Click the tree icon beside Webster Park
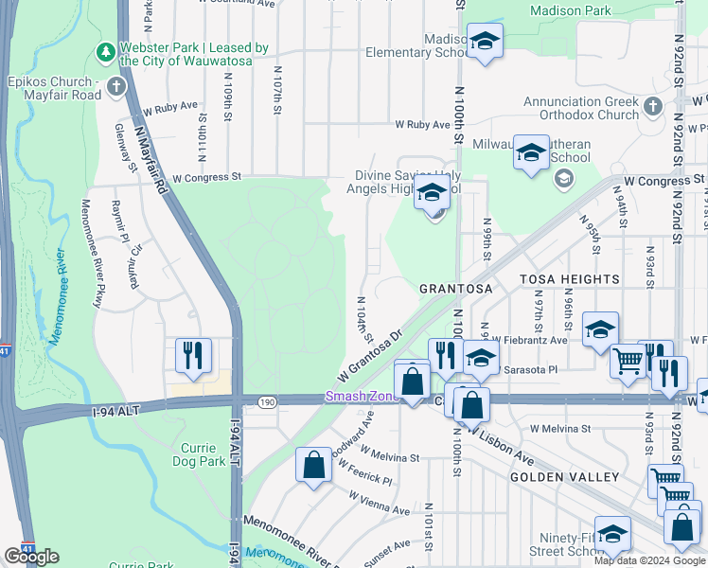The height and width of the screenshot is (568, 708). coord(106,50)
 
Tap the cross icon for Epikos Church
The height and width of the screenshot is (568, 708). coord(116,88)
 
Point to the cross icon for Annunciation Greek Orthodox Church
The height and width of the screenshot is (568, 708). coord(652,106)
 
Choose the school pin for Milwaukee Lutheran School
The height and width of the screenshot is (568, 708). coord(531,151)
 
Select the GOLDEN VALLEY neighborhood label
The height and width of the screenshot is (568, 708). coord(564,477)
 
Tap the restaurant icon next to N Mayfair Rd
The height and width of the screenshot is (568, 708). coord(192,355)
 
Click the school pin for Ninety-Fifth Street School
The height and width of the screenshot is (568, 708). coord(611,534)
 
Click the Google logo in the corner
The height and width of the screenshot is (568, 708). coord(31,557)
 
